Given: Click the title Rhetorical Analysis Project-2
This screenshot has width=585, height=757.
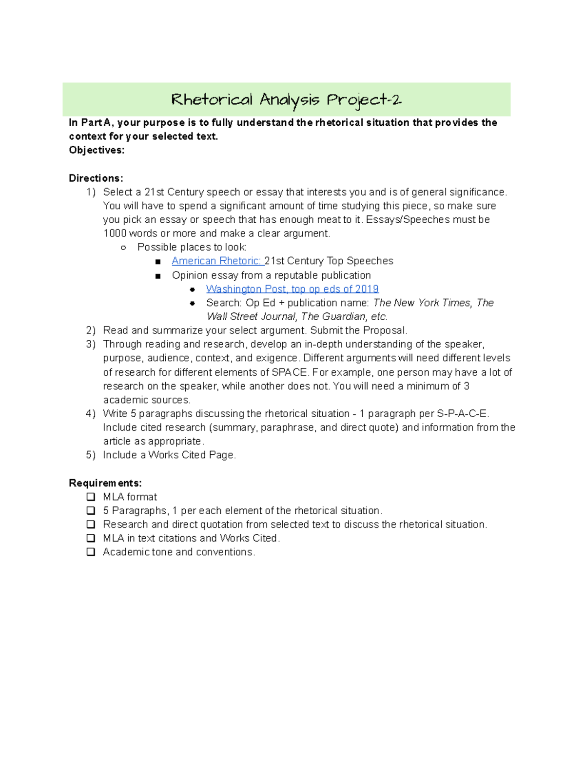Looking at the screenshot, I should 286,100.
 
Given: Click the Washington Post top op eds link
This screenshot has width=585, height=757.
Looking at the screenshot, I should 292,289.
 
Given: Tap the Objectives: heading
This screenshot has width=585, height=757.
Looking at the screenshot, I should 97,150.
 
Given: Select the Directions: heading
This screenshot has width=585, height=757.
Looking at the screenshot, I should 96,178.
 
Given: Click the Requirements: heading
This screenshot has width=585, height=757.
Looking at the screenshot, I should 105,483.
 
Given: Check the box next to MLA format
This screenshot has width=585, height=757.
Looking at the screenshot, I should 91,497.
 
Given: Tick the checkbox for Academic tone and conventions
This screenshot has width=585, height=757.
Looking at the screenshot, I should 91,552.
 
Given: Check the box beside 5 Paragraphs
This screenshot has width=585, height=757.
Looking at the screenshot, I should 91,510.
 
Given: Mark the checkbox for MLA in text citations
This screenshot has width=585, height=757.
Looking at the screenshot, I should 91,538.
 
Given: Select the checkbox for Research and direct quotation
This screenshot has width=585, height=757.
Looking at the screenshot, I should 91,524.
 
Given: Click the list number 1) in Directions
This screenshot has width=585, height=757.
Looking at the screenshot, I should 91,192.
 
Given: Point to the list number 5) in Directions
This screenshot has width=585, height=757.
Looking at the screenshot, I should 91,455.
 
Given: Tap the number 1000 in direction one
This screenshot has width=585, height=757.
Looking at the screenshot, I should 115,233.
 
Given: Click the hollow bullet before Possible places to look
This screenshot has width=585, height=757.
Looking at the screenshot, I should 123,248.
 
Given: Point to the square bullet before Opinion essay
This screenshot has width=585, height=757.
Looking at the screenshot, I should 157,276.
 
